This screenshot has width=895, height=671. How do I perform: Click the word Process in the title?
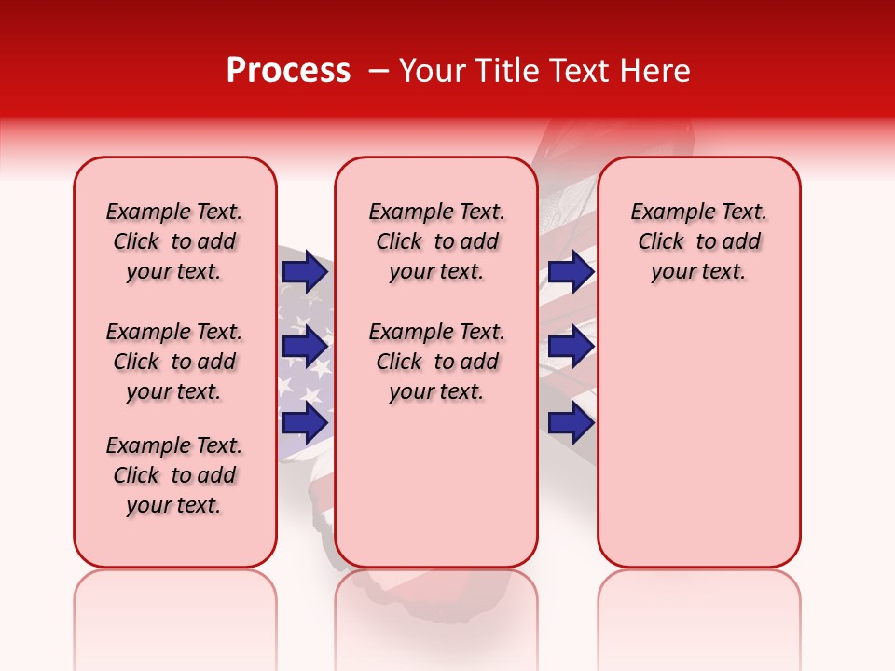pyautogui.click(x=288, y=71)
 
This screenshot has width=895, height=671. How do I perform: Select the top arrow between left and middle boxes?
pyautogui.click(x=305, y=272)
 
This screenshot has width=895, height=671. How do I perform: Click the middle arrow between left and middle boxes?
pyautogui.click(x=305, y=348)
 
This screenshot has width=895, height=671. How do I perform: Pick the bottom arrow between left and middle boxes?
pyautogui.click(x=305, y=423)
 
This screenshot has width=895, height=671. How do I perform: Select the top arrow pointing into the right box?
pyautogui.click(x=571, y=272)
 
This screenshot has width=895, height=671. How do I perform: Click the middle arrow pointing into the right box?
pyautogui.click(x=571, y=348)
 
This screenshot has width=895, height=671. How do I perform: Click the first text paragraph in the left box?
pyautogui.click(x=174, y=241)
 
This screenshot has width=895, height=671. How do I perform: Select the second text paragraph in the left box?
pyautogui.click(x=174, y=362)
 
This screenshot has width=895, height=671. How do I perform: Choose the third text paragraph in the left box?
pyautogui.click(x=174, y=475)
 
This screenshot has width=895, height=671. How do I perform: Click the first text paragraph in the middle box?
pyautogui.click(x=436, y=241)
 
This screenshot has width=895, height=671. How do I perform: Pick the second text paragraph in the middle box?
pyautogui.click(x=436, y=362)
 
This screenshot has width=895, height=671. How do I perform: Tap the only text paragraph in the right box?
pyautogui.click(x=698, y=241)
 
